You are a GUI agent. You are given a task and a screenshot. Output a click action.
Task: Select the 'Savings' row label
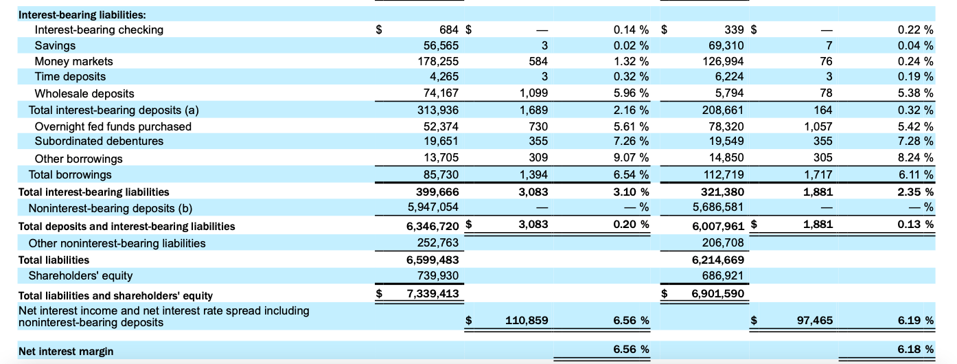(55, 45)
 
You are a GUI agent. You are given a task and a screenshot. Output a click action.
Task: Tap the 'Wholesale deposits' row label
(84, 93)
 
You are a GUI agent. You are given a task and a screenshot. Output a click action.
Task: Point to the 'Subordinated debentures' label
(99, 141)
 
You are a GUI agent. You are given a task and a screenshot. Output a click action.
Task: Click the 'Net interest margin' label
(66, 352)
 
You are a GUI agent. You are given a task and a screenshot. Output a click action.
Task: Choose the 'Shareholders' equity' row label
(80, 275)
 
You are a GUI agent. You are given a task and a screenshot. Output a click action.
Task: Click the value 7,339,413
(433, 294)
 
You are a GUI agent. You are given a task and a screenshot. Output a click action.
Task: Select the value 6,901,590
(718, 294)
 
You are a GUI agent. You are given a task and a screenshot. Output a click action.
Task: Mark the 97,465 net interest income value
(814, 320)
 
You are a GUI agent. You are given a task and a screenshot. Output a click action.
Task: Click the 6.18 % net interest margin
(915, 350)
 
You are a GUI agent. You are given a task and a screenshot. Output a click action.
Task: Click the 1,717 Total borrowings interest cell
(818, 174)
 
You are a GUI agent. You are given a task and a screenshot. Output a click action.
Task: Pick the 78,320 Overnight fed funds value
(726, 126)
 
